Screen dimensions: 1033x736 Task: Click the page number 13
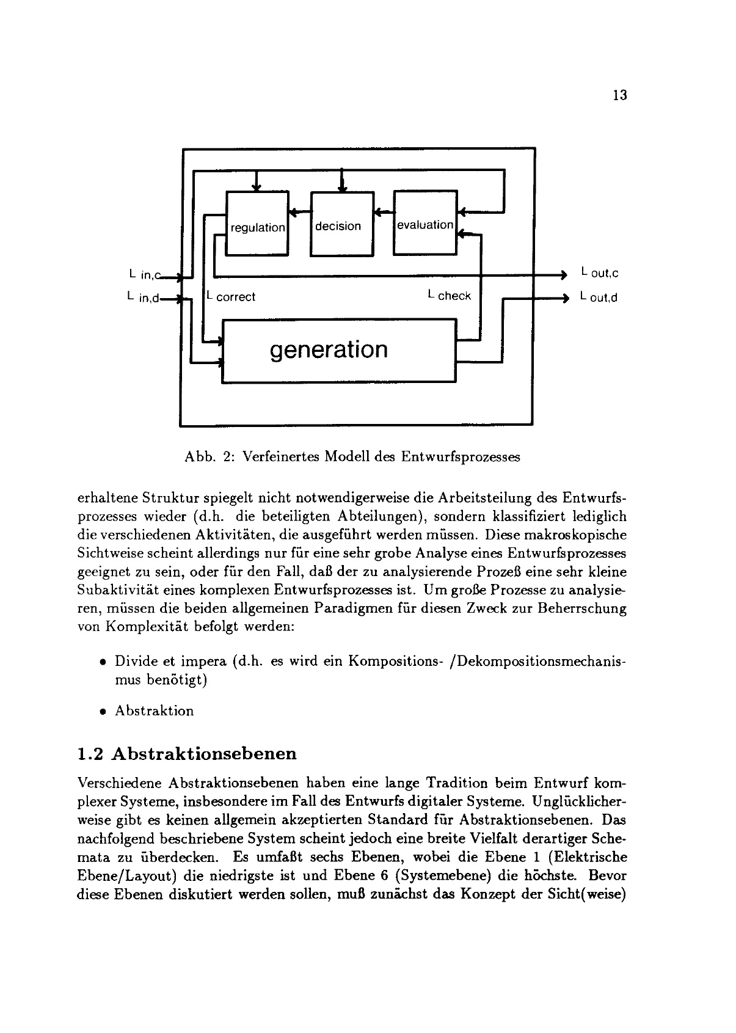(619, 95)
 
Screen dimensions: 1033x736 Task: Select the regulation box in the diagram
(257, 224)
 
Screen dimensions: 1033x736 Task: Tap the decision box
(341, 224)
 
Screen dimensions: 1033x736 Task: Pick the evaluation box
(425, 223)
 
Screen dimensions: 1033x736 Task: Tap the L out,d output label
(599, 297)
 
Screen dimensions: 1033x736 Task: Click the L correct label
(231, 297)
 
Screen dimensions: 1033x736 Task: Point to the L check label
(450, 296)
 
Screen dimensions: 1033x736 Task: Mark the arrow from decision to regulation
(299, 212)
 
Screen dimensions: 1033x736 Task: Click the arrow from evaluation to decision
(384, 212)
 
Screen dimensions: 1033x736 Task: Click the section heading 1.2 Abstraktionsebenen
(188, 753)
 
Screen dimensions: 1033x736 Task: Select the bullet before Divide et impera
(104, 662)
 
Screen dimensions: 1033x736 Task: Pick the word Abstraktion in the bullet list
(154, 711)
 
